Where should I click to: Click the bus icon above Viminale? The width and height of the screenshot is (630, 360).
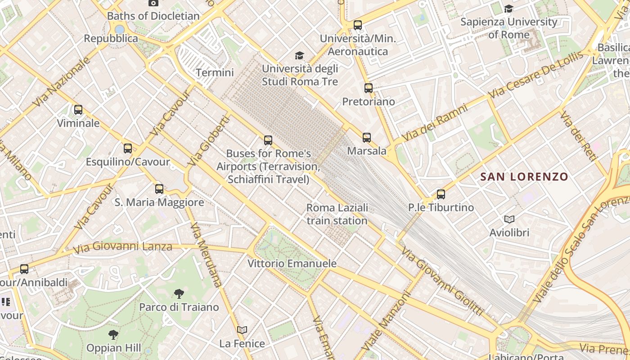(78, 110)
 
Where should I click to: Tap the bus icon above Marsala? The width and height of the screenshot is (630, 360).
(367, 138)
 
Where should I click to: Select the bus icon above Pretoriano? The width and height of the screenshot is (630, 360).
(369, 88)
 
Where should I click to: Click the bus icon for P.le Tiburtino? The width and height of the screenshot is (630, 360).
(441, 194)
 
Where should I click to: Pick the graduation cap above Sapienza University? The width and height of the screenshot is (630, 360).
(509, 9)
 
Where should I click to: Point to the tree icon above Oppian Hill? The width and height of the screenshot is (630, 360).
(113, 334)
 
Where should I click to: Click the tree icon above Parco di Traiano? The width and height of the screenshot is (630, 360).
(179, 294)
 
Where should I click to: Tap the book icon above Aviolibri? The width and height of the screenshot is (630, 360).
(509, 220)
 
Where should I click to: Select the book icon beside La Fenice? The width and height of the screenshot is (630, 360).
(242, 330)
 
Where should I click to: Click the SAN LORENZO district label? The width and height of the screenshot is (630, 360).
(524, 177)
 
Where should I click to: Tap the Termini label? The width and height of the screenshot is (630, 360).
(215, 72)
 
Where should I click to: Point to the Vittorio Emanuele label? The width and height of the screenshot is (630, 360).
(292, 263)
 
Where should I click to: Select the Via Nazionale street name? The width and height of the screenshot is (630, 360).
(58, 84)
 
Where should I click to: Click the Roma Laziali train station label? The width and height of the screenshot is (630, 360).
(337, 214)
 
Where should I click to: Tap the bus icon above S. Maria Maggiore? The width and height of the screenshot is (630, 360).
(159, 189)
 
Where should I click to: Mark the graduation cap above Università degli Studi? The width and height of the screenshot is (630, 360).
(299, 56)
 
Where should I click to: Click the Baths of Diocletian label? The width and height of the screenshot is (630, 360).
(153, 16)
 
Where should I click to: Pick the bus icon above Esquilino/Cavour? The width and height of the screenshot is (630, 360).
(128, 148)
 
